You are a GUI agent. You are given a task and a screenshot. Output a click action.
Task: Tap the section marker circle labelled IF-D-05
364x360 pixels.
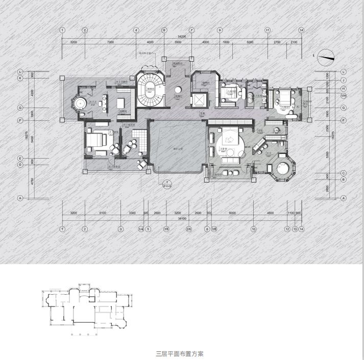(166, 183)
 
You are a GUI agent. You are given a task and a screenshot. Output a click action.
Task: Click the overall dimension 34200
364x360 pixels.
(182, 37)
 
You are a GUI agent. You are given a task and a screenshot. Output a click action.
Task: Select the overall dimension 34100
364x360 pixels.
(182, 218)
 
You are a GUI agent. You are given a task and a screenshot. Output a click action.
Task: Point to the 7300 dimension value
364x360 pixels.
(110, 42)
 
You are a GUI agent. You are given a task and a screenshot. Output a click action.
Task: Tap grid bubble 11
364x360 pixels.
(267, 30)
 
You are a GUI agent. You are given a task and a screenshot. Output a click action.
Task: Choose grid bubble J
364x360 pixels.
(344, 80)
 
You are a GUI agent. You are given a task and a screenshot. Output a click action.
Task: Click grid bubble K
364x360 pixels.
(20, 78)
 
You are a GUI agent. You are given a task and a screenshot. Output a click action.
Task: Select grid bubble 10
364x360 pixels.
(253, 229)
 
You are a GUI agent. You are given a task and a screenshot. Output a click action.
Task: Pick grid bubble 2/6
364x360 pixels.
(188, 229)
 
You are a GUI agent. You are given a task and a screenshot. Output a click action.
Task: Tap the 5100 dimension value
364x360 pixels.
(103, 213)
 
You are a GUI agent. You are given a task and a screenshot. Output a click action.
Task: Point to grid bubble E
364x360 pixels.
(20, 158)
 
